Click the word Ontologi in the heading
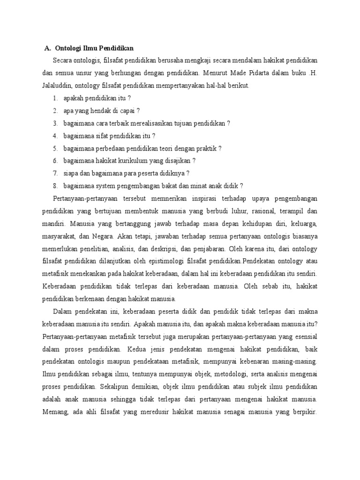click(69, 48)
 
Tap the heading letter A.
click(47, 48)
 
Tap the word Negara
click(100, 235)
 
